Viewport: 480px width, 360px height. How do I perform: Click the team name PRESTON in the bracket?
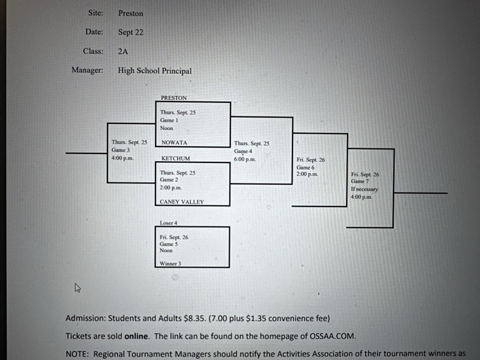click(x=174, y=98)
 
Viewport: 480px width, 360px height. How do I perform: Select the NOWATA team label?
click(x=174, y=143)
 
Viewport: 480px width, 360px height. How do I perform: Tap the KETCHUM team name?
click(x=175, y=158)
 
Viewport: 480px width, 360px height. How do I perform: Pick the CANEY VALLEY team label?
click(x=182, y=202)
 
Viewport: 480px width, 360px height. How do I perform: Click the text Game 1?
click(x=167, y=120)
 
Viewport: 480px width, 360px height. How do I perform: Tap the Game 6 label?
click(x=305, y=168)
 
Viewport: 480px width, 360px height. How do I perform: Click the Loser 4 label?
click(x=169, y=223)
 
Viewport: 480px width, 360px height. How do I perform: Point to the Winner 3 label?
click(x=170, y=263)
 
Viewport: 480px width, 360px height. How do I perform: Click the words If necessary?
click(x=364, y=189)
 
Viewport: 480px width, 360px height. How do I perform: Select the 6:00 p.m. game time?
click(x=244, y=159)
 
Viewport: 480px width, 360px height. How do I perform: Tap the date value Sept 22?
click(x=131, y=32)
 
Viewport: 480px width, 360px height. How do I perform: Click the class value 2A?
click(x=124, y=51)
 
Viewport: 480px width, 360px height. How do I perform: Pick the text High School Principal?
click(x=154, y=71)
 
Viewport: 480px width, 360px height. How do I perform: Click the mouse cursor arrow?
click(x=78, y=287)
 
